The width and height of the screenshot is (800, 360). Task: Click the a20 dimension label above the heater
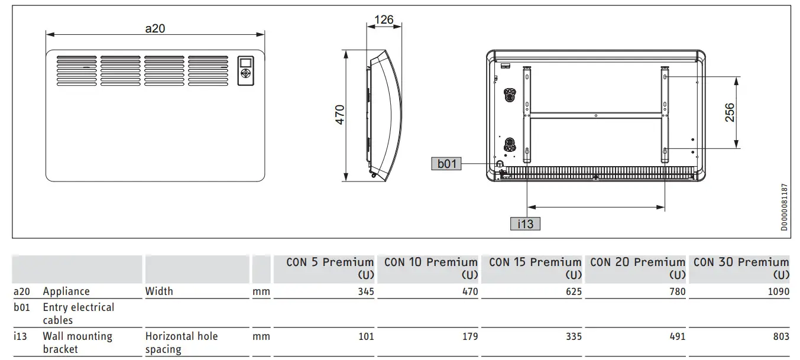point(155,28)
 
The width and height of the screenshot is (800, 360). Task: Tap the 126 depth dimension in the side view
point(384,21)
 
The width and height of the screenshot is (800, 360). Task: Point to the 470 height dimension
point(340,115)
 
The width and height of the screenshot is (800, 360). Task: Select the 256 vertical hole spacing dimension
point(730,112)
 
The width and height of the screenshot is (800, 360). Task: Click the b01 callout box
point(447,164)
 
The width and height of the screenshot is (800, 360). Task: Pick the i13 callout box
point(525,223)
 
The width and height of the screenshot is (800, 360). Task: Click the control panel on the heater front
point(247,71)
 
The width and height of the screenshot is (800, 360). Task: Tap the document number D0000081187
point(784,207)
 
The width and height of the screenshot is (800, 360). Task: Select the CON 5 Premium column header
point(330,268)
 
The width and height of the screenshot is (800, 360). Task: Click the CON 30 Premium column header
point(741,268)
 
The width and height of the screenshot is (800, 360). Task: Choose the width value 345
point(365,291)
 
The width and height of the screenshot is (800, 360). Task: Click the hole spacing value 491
point(676,336)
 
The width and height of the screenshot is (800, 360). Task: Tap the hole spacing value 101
point(365,336)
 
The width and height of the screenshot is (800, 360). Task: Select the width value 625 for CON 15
point(573,291)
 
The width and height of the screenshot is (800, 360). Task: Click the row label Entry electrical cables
point(78,313)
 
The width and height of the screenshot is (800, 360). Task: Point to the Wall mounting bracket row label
point(77,342)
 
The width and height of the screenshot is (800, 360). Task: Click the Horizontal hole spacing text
point(181,342)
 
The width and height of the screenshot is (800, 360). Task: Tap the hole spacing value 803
point(780,336)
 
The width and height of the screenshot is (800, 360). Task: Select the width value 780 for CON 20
point(676,291)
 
